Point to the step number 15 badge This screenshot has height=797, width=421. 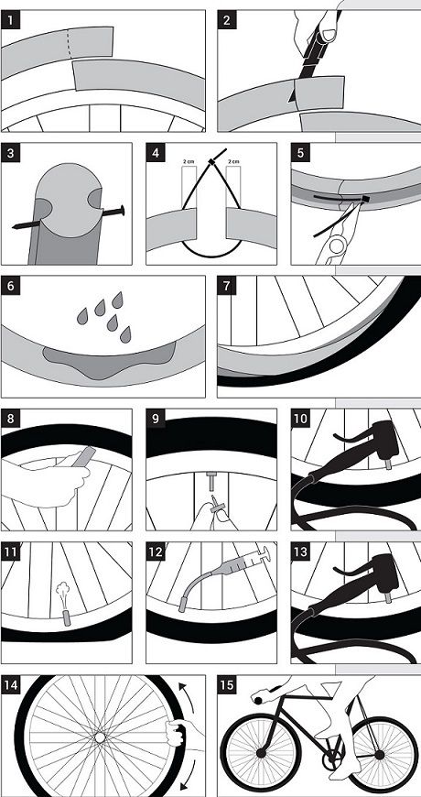click(x=227, y=685)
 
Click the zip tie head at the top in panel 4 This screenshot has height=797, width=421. click(x=212, y=161)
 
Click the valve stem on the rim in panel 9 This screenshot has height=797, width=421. click(x=210, y=475)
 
